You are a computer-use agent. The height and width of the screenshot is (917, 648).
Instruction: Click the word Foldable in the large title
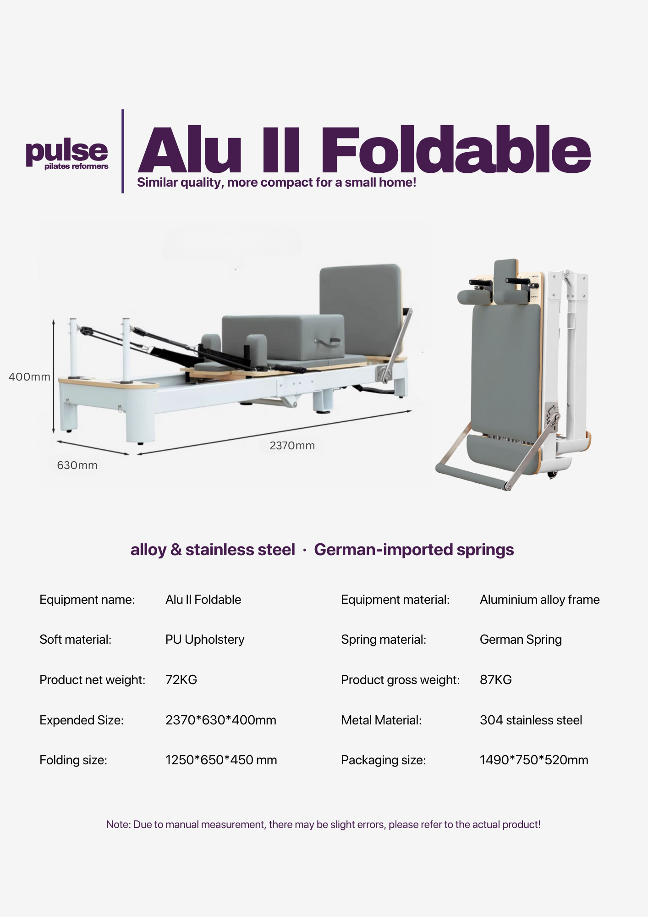[456, 150]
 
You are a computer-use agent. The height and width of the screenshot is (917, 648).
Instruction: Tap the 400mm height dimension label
[29, 377]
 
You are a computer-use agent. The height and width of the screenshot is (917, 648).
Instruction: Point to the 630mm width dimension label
[77, 465]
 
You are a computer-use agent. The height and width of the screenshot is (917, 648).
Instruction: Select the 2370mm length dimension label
[292, 446]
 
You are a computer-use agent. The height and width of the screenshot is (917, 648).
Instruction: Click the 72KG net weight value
[181, 679]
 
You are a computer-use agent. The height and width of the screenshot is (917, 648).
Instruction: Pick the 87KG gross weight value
[495, 679]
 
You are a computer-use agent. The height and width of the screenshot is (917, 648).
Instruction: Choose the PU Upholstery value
[205, 640]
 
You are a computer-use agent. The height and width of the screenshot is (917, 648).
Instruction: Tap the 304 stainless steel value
[531, 720]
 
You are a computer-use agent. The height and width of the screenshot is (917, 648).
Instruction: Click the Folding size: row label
[73, 760]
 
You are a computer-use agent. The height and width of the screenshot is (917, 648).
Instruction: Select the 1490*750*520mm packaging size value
[534, 760]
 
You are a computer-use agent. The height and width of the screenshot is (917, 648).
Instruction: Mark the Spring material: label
[384, 640]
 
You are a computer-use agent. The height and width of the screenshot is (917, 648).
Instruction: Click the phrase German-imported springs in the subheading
[414, 549]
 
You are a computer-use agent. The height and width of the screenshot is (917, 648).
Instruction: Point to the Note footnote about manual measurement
[323, 824]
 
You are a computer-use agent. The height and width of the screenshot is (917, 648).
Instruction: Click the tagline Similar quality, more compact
[276, 182]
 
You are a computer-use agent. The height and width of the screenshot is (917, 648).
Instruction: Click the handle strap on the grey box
[327, 341]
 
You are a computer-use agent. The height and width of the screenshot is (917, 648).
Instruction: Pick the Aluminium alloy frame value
[539, 600]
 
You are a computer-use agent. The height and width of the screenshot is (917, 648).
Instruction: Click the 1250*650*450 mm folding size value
[221, 760]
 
